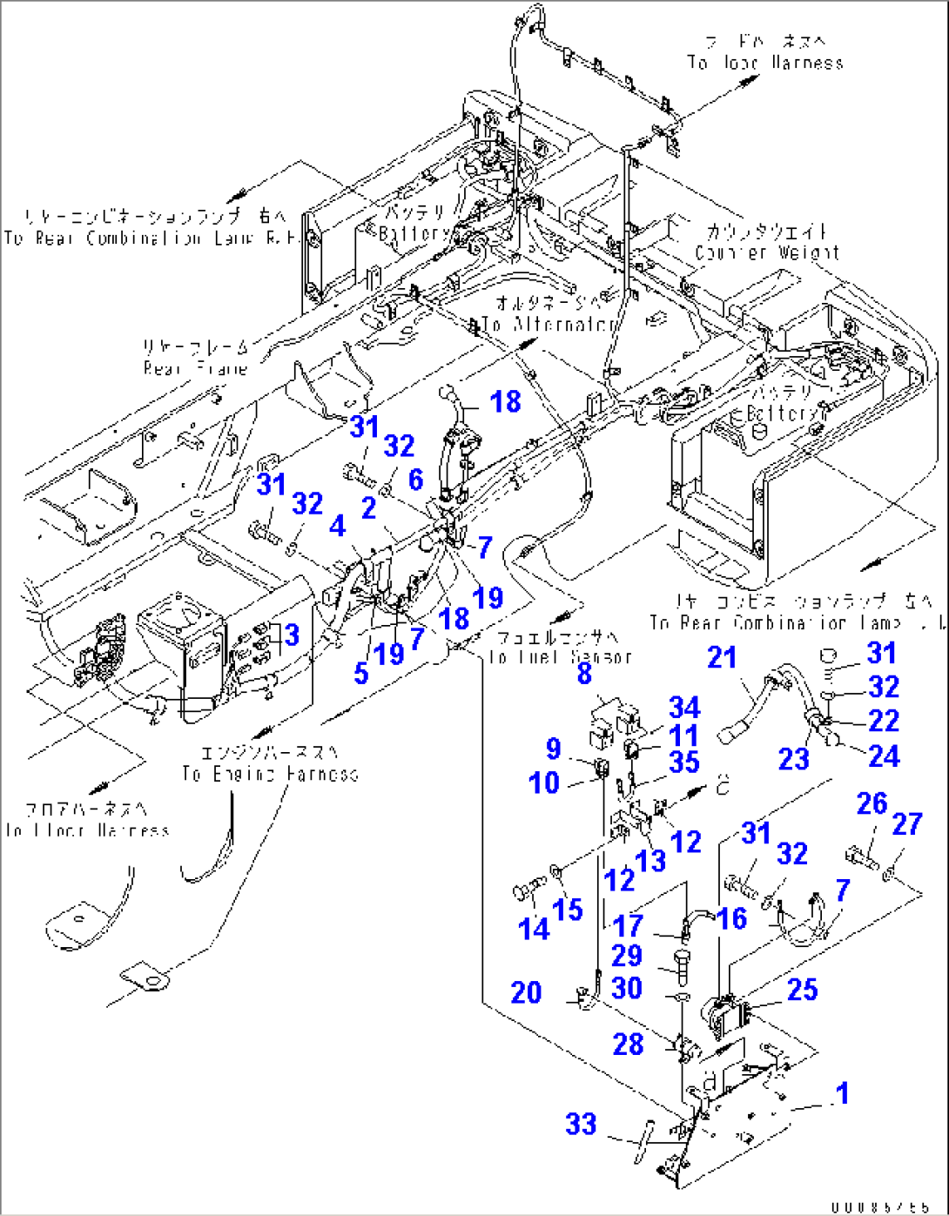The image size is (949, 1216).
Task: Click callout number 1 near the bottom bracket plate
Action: coord(841,1093)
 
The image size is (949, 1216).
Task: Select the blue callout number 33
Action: coord(582,1124)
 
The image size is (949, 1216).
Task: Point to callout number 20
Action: coord(526,992)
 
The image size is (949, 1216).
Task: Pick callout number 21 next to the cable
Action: coord(722,657)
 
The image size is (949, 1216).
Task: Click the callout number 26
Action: coord(872,803)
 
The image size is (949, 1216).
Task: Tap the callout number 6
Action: coord(415,479)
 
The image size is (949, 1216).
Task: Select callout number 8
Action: coord(584,672)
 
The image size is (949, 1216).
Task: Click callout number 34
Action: coord(684,707)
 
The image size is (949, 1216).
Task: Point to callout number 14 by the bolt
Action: coord(534,929)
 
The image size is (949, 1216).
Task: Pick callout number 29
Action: coord(627,956)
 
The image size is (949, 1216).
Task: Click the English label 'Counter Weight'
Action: coord(767,252)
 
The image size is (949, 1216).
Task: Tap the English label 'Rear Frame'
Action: coord(196,368)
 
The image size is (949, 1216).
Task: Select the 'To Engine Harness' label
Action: coord(270,774)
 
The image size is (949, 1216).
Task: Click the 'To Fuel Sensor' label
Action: coord(560,657)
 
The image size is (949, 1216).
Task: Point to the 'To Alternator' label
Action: coord(549,324)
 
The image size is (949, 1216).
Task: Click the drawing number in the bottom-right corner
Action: coord(879,1207)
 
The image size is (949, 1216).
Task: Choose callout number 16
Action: coord(732,917)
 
